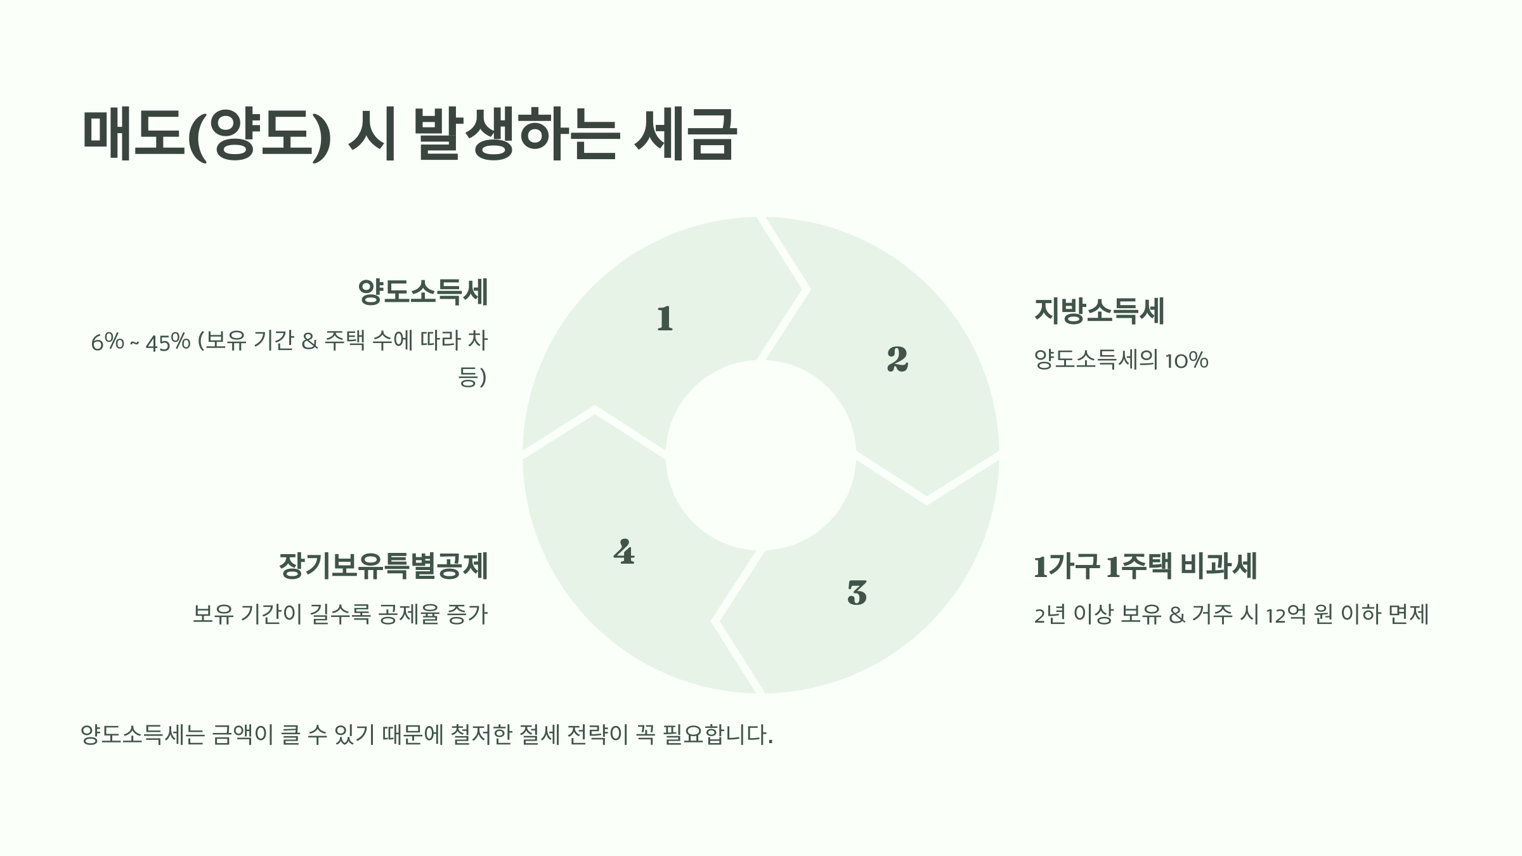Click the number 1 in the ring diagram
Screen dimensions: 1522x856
point(665,318)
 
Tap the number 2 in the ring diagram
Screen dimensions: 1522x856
point(897,359)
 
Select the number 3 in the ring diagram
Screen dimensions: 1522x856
point(857,593)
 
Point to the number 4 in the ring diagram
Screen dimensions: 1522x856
point(624,552)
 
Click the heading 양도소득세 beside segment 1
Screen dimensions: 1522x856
point(423,292)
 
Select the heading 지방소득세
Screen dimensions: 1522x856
point(1099,311)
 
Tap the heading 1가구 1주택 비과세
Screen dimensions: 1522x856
point(1145,566)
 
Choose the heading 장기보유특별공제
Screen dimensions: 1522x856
point(384,566)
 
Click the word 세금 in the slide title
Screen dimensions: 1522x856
point(685,134)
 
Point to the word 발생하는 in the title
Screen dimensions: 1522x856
point(515,134)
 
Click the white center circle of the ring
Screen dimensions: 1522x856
point(760,455)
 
